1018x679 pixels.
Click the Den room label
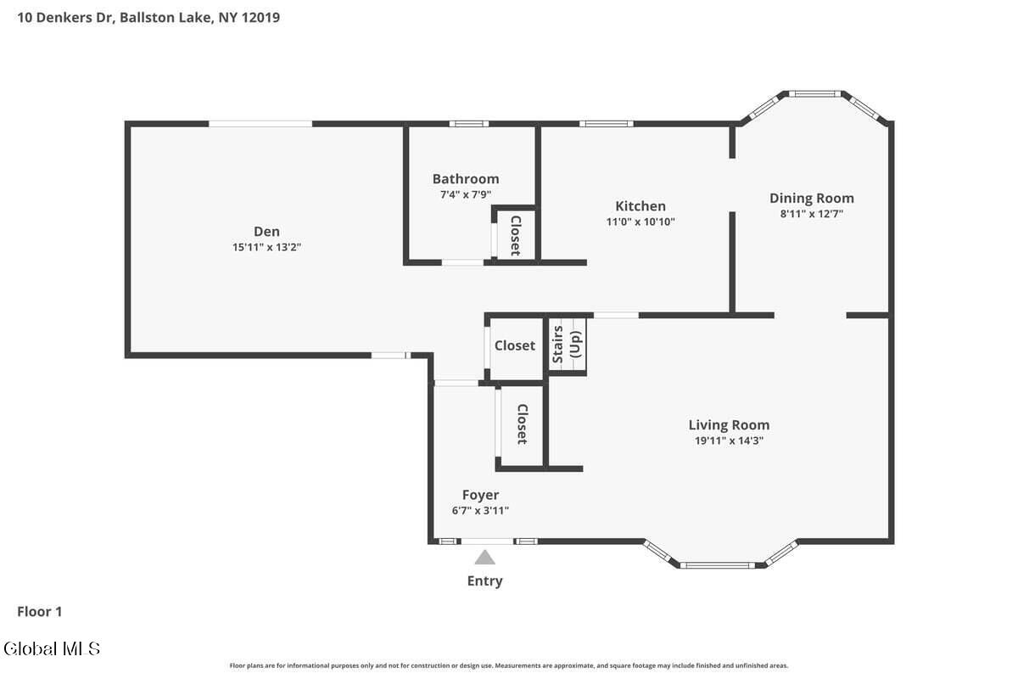(266, 232)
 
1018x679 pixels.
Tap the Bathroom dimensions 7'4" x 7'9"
(466, 194)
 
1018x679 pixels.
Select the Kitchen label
(640, 206)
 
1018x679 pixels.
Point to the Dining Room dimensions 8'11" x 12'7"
(811, 214)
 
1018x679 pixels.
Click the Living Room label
(729, 424)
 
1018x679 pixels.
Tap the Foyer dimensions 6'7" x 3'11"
(480, 510)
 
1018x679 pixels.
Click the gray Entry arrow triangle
(484, 557)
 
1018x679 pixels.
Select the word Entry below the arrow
(484, 581)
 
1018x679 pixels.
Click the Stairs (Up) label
(567, 345)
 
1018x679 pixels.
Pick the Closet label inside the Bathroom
(516, 236)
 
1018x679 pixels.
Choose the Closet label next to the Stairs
(514, 345)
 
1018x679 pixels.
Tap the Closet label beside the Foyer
(523, 424)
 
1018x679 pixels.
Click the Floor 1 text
(40, 612)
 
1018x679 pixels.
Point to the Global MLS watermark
(52, 649)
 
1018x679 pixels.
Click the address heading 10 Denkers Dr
(66, 18)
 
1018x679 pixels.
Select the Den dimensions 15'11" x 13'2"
(266, 247)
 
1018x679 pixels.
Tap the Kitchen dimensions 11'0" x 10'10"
(640, 222)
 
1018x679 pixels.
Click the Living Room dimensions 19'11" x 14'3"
(729, 441)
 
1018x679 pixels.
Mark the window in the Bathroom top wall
(469, 124)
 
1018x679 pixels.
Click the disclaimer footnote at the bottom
(509, 665)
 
